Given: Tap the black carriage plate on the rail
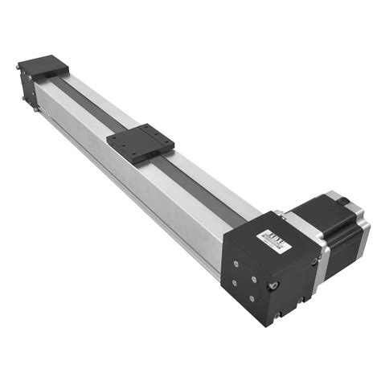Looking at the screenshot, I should point(140,143).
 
